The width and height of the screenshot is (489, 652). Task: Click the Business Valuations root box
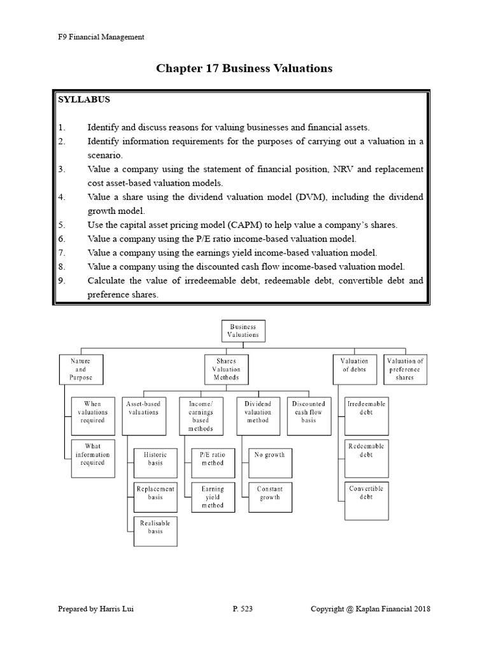[244, 330]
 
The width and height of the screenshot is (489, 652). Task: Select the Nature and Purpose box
[80, 369]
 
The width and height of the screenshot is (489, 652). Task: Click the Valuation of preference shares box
[405, 369]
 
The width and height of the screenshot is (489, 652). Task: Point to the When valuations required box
[92, 412]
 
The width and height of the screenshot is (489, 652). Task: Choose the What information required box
[92, 455]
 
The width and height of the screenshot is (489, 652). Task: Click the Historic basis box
[155, 459]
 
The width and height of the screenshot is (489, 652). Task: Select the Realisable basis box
[155, 531]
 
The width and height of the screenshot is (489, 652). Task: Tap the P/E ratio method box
[213, 459]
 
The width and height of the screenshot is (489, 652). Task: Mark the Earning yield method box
[213, 497]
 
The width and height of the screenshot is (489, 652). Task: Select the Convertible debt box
[366, 497]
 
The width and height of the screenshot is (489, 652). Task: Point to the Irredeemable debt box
[366, 412]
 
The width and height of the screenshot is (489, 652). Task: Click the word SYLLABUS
[84, 100]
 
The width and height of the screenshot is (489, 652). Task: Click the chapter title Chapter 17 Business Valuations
[244, 68]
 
